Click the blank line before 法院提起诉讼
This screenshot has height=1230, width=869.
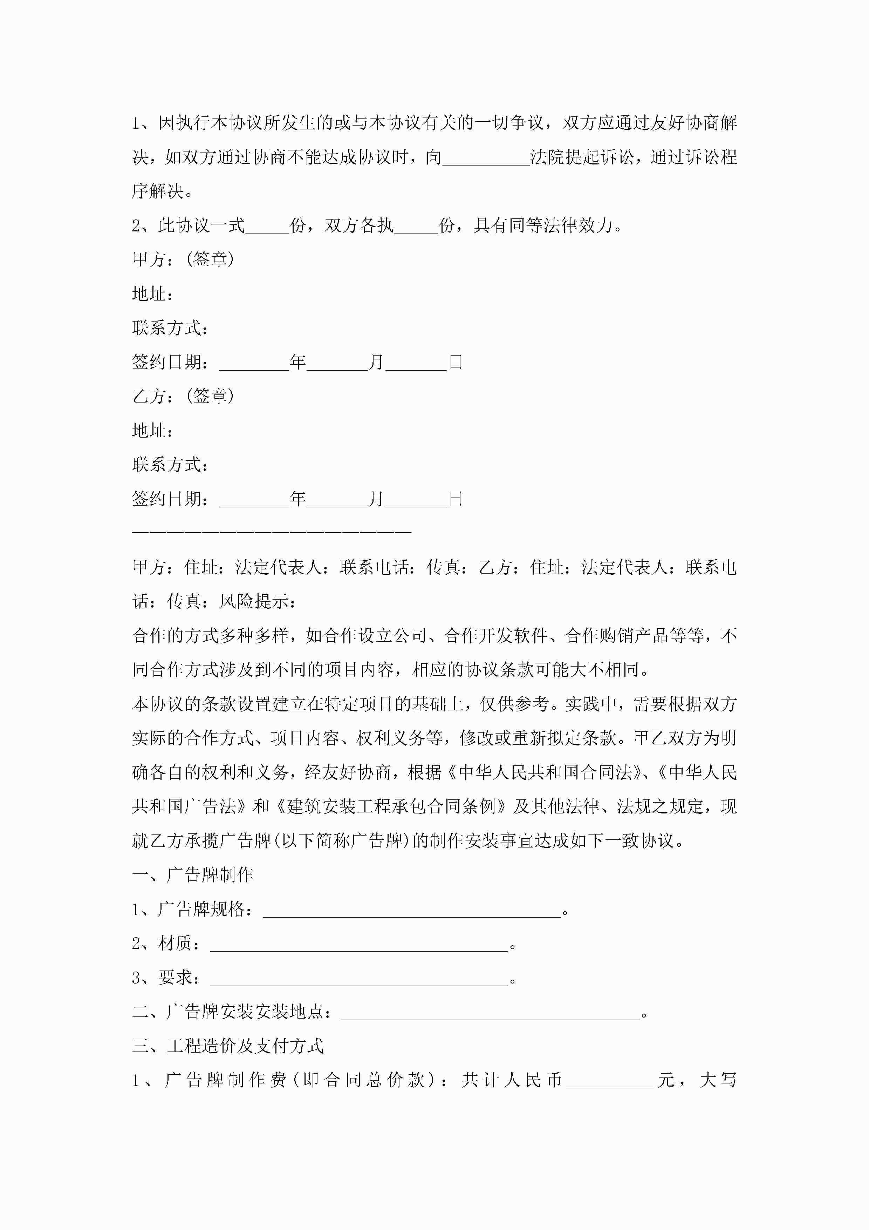[486, 158]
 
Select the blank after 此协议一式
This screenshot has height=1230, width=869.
[267, 227]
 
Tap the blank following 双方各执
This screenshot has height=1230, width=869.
[416, 227]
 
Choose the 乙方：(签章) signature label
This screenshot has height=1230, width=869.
[183, 397]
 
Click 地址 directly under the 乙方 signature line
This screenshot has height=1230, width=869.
[152, 431]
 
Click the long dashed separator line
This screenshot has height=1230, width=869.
[272, 532]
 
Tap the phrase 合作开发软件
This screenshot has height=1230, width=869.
[495, 636]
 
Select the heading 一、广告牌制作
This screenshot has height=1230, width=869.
[192, 876]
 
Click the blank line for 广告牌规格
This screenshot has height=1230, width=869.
[411, 911]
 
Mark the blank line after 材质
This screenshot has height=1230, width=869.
[359, 945]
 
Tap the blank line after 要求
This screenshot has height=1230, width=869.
[359, 979]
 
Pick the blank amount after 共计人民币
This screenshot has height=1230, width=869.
[610, 1081]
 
